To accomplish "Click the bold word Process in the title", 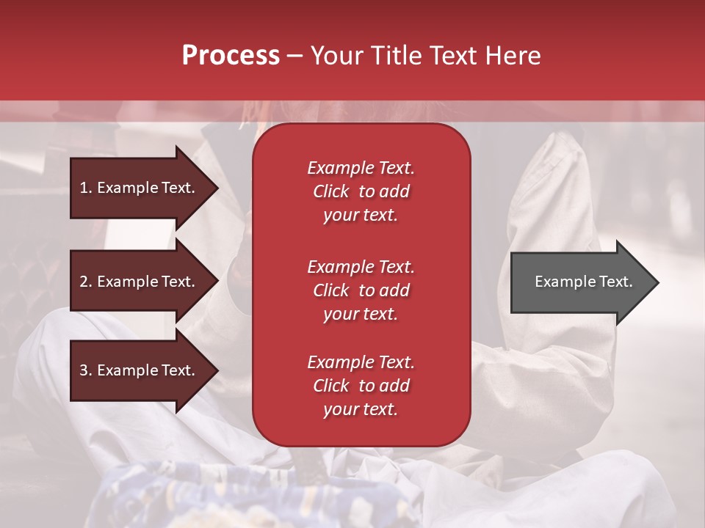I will pos(231,55).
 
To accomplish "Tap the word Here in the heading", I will pos(512,55).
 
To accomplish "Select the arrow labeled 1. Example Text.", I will pos(140,188).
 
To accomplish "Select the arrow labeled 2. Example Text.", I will pos(140,282).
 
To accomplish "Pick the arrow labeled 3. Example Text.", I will pos(140,370).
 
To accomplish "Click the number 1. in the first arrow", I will pos(86,188).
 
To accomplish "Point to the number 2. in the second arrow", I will pos(86,282).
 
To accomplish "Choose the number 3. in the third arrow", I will pos(86,370).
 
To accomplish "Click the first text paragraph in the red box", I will pos(361,191).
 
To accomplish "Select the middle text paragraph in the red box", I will pos(361,290).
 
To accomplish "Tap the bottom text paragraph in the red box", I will pos(361,386).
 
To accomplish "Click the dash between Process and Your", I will pos(294,56).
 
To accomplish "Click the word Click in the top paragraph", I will pos(330,191).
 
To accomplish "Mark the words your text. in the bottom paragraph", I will pos(361,410).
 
